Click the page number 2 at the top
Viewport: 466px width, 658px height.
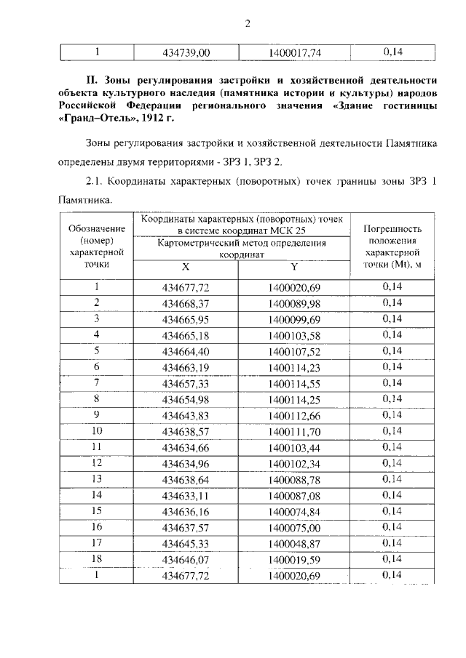[247, 23]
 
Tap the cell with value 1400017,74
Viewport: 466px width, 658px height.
[295, 52]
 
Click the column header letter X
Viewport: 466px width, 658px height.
[186, 267]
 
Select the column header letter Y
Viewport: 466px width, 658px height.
[294, 267]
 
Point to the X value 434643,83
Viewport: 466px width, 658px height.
[186, 415]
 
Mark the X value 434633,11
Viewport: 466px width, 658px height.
[186, 495]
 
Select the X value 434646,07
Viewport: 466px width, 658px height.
[186, 559]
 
